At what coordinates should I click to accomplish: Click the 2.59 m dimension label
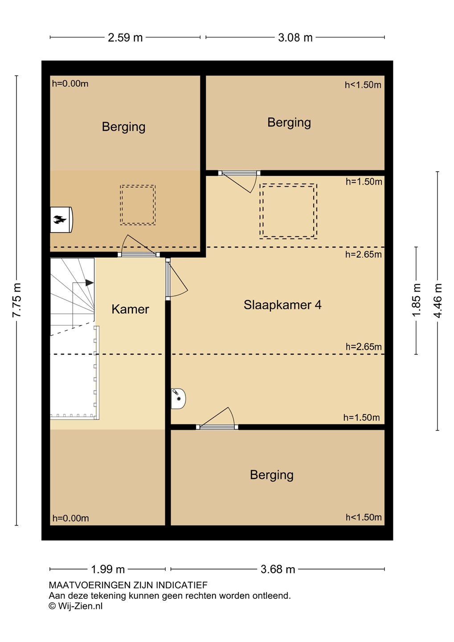125,37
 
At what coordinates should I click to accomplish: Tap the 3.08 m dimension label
295,37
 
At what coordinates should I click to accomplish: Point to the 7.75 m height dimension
16,300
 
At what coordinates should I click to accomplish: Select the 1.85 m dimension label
416,300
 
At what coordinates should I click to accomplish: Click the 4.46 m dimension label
438,300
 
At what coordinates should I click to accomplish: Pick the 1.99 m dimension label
108,569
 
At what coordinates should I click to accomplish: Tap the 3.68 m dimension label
278,569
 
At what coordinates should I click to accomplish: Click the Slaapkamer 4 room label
282,305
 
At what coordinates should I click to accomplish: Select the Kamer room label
131,309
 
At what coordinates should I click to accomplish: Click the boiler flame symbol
60,220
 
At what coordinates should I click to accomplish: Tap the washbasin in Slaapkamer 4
178,399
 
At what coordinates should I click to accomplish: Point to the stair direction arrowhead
90,283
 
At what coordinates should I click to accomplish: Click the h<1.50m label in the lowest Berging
364,517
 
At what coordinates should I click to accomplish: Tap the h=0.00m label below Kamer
70,518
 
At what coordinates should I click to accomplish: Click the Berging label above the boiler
124,127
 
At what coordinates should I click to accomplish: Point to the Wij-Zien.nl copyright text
76,606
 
